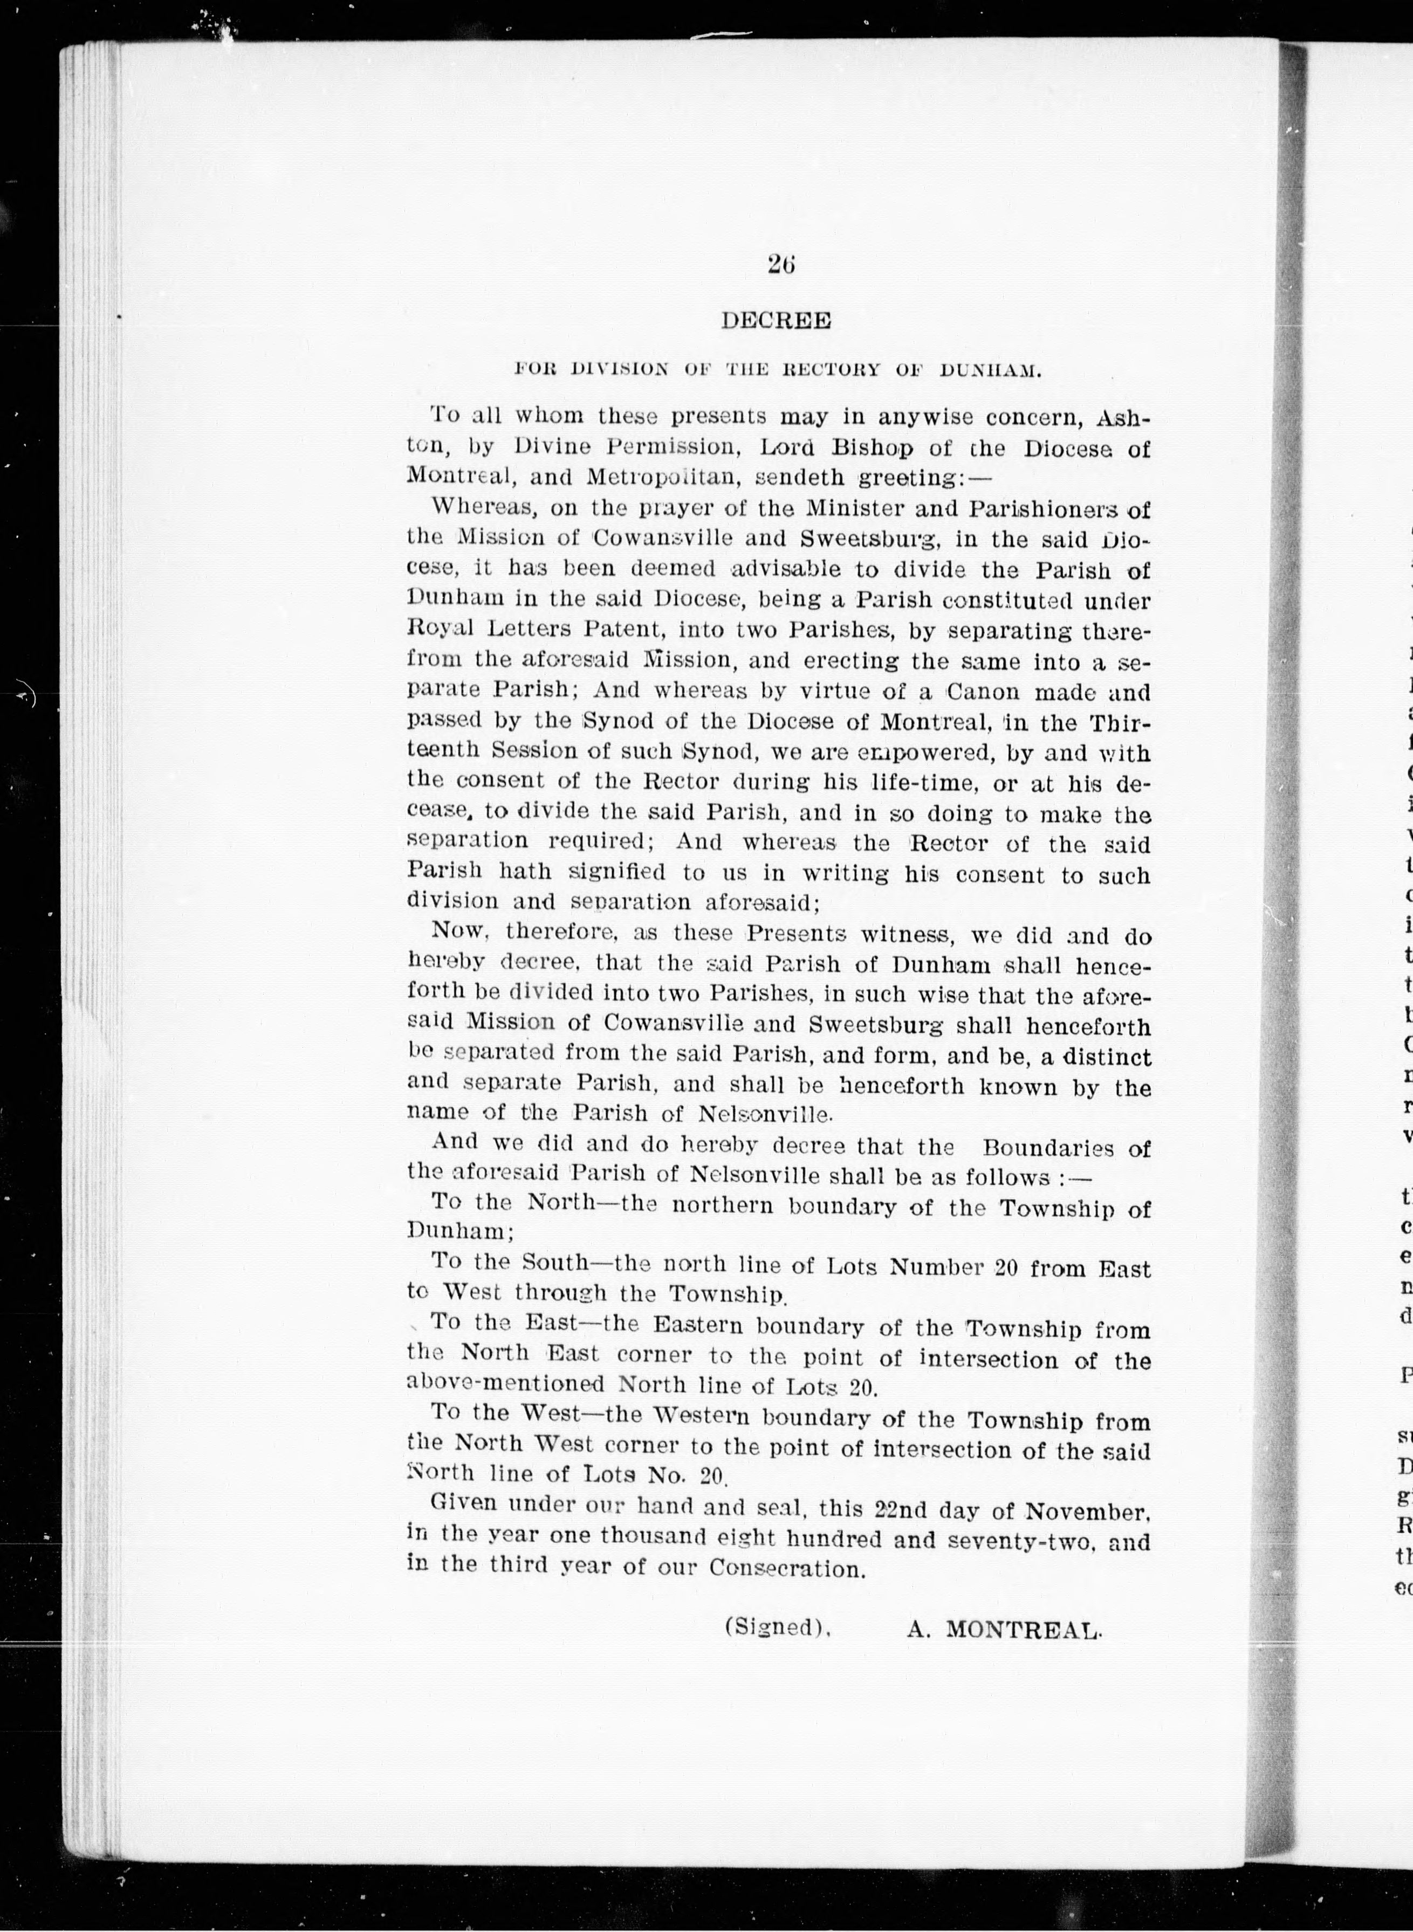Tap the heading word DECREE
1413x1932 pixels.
(776, 321)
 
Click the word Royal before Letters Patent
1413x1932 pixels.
(445, 630)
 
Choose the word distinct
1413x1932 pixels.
(1107, 1058)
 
